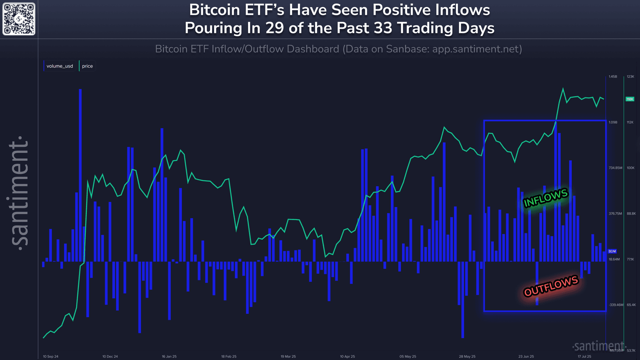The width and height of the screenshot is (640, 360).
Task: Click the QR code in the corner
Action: [19, 19]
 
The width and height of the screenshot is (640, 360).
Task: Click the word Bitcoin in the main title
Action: [216, 10]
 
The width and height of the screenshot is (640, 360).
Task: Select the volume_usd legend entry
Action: [60, 66]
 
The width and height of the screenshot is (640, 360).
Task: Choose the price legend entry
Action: [87, 66]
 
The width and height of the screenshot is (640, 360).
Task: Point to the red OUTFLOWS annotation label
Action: [551, 286]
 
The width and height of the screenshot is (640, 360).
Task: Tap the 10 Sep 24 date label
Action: [51, 357]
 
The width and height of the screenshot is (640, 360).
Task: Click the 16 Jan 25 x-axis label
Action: [169, 357]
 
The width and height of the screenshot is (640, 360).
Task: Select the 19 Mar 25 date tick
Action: [288, 357]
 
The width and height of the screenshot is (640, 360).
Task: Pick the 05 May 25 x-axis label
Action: [407, 357]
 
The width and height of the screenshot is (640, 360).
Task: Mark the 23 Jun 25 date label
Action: [526, 357]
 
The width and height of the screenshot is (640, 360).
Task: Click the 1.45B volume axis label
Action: [612, 77]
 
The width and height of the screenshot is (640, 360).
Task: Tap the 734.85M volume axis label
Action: [615, 168]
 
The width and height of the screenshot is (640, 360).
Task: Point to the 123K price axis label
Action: [630, 77]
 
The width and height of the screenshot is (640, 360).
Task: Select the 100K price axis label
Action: [630, 168]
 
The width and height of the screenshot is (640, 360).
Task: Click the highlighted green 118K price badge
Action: [630, 99]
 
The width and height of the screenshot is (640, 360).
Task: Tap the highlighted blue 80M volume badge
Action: [612, 251]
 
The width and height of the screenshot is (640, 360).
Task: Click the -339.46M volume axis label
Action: [615, 305]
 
